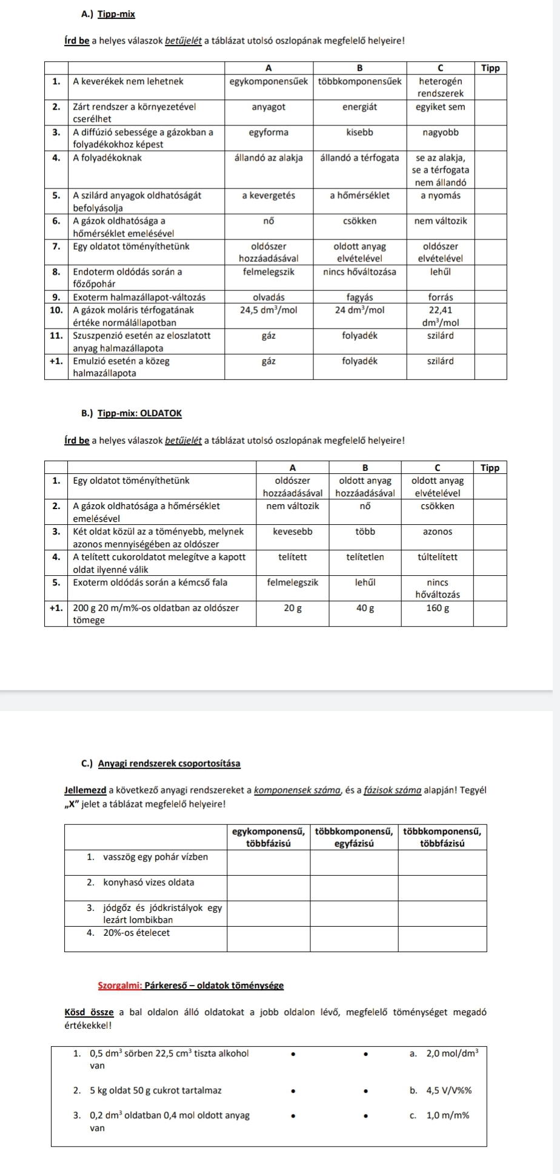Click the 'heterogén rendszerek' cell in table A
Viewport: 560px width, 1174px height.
[x=440, y=87]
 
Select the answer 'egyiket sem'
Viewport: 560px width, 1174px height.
[x=440, y=107]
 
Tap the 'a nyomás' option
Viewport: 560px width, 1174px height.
[x=440, y=195]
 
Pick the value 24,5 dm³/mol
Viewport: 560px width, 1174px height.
[x=268, y=310]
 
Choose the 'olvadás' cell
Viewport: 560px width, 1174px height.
[x=268, y=297]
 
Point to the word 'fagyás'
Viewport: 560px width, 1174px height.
[x=359, y=297]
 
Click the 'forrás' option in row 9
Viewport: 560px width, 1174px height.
[x=440, y=297]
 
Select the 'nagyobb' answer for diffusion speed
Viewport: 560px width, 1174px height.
[x=440, y=132]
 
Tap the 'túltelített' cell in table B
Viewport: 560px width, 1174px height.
[x=437, y=556]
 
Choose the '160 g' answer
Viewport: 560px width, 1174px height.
[x=437, y=608]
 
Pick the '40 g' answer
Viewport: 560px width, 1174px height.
[x=365, y=608]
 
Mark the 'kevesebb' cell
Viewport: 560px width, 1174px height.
[x=293, y=532]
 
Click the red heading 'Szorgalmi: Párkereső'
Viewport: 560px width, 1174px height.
[x=191, y=986]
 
